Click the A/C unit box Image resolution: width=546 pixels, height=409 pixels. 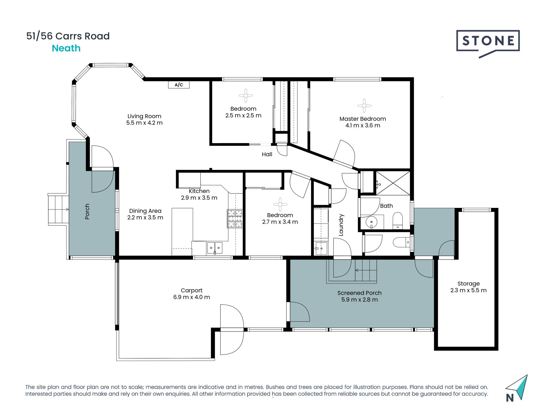click(x=179, y=85)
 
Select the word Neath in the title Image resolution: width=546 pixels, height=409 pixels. click(x=66, y=48)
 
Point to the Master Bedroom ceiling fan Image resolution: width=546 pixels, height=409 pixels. click(x=364, y=106)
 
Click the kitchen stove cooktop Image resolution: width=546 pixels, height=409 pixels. click(x=235, y=218)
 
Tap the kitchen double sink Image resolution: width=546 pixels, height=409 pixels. click(x=214, y=248)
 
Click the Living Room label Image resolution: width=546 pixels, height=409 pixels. click(x=144, y=116)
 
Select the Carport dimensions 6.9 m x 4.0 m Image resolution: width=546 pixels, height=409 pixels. click(x=192, y=297)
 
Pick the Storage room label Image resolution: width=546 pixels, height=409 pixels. click(x=468, y=283)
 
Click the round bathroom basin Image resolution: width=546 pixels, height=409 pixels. click(x=371, y=222)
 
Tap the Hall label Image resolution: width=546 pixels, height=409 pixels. click(x=267, y=154)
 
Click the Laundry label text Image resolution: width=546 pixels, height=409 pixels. click(x=341, y=225)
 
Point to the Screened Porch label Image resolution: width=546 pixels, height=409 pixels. click(x=359, y=293)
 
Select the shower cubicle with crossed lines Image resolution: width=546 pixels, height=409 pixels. click(x=393, y=183)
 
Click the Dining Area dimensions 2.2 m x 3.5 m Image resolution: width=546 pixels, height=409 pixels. click(x=145, y=218)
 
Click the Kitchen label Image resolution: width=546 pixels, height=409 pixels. click(x=199, y=191)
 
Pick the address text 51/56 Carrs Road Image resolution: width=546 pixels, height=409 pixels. click(x=68, y=36)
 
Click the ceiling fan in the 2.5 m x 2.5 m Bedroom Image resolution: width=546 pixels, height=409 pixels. click(x=246, y=95)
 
